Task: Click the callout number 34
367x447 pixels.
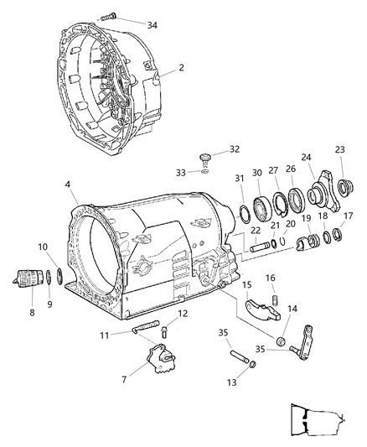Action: [x=152, y=24]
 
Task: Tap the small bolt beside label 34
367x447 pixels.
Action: [x=111, y=16]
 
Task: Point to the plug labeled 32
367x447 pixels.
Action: [x=206, y=157]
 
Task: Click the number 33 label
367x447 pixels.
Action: [x=192, y=173]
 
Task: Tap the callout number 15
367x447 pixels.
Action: [x=246, y=285]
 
